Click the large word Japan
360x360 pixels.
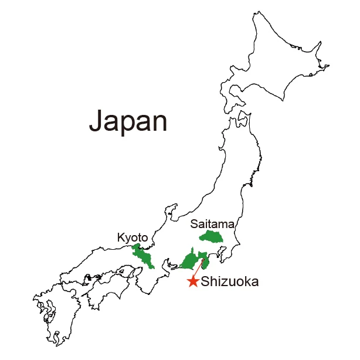[128, 121]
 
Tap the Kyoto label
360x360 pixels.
[133, 238]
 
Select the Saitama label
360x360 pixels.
[212, 224]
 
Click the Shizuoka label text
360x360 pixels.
[229, 282]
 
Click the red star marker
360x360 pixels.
[193, 282]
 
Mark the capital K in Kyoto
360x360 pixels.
[121, 238]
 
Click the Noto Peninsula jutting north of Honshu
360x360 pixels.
[172, 208]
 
